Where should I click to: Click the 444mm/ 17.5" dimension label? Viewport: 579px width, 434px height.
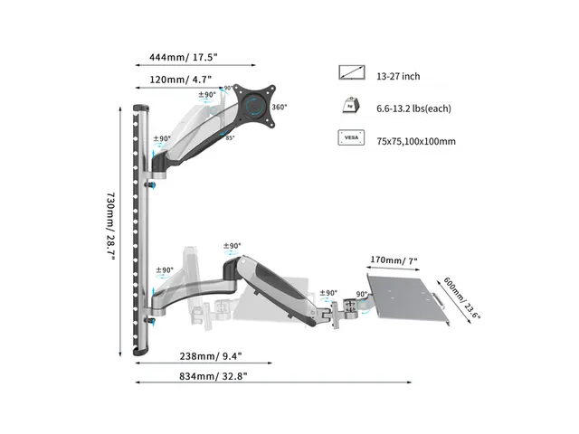[183, 57]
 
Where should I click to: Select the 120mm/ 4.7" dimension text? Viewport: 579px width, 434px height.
[181, 80]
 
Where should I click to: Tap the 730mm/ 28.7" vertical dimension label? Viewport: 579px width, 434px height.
[110, 225]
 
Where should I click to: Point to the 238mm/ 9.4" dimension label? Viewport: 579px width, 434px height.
[211, 356]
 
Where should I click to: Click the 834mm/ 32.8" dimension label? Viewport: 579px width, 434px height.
[214, 376]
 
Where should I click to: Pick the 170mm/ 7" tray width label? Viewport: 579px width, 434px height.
[394, 260]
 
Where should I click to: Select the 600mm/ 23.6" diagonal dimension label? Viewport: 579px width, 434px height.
[461, 298]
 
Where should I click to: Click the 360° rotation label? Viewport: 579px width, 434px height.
[280, 107]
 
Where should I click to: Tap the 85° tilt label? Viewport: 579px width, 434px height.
[230, 138]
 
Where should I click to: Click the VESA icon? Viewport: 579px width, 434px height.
[351, 137]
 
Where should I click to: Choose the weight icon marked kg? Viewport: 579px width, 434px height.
[351, 106]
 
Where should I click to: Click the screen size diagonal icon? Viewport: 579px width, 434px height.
[352, 72]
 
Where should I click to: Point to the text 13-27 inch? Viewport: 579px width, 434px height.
[398, 76]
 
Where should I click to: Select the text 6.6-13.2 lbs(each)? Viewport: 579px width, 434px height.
[413, 108]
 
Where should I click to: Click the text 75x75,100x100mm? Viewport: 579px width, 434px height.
[416, 141]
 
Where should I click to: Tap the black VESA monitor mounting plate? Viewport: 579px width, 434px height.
[255, 105]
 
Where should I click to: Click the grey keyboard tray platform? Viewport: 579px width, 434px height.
[408, 299]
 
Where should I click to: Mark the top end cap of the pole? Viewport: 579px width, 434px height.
[141, 108]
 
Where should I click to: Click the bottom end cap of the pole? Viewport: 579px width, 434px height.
[141, 352]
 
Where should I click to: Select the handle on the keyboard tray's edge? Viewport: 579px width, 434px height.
[440, 299]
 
